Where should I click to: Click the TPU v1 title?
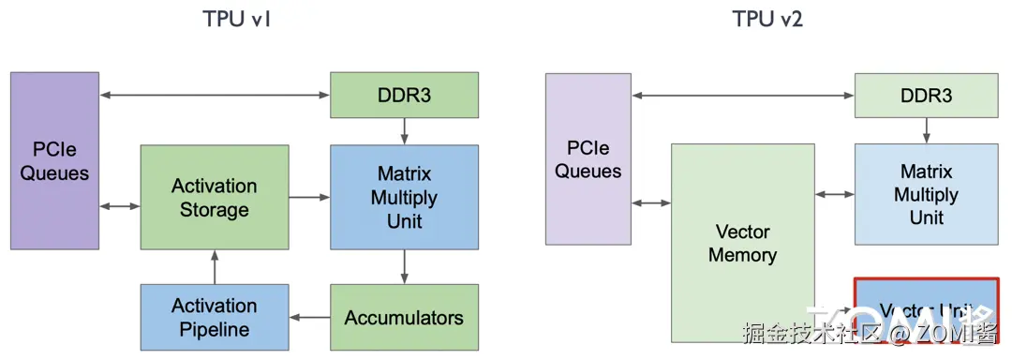coord(237,19)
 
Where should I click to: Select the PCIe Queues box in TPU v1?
coord(54,160)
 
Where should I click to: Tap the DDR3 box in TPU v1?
coord(404,95)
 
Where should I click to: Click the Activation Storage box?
coord(214,197)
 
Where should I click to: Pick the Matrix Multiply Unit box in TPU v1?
coord(404,197)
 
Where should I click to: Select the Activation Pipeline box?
coord(214,317)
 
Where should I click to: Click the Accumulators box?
coord(404,317)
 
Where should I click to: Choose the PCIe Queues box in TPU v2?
coord(588,159)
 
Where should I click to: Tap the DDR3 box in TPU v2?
coord(926,95)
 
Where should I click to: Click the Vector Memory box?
coord(742,242)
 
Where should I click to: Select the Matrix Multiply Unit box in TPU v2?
coord(926,195)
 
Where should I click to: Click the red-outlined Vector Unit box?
coord(926,309)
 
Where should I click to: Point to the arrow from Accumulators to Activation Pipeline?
coord(309,317)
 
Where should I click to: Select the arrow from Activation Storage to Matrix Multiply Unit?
coord(309,197)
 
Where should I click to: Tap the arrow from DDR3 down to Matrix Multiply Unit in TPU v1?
coord(404,130)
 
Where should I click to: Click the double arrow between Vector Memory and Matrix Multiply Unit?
coord(834,195)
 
